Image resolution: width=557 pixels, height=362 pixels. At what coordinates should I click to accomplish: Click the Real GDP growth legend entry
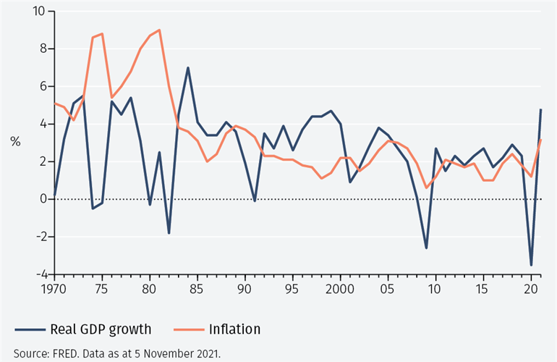[101, 329]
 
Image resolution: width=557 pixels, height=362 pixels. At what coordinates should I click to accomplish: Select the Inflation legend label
[234, 329]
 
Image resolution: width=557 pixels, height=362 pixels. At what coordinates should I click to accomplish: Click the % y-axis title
[15, 142]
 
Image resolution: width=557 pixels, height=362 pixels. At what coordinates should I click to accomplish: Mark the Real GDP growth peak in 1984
[188, 68]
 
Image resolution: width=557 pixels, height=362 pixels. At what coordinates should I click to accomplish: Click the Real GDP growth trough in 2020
[531, 265]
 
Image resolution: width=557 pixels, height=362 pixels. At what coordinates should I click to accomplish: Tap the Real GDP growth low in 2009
[426, 248]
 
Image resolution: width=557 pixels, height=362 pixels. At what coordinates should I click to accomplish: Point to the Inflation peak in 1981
[159, 30]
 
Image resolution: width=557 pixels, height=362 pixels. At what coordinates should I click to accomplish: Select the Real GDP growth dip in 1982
[169, 233]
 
